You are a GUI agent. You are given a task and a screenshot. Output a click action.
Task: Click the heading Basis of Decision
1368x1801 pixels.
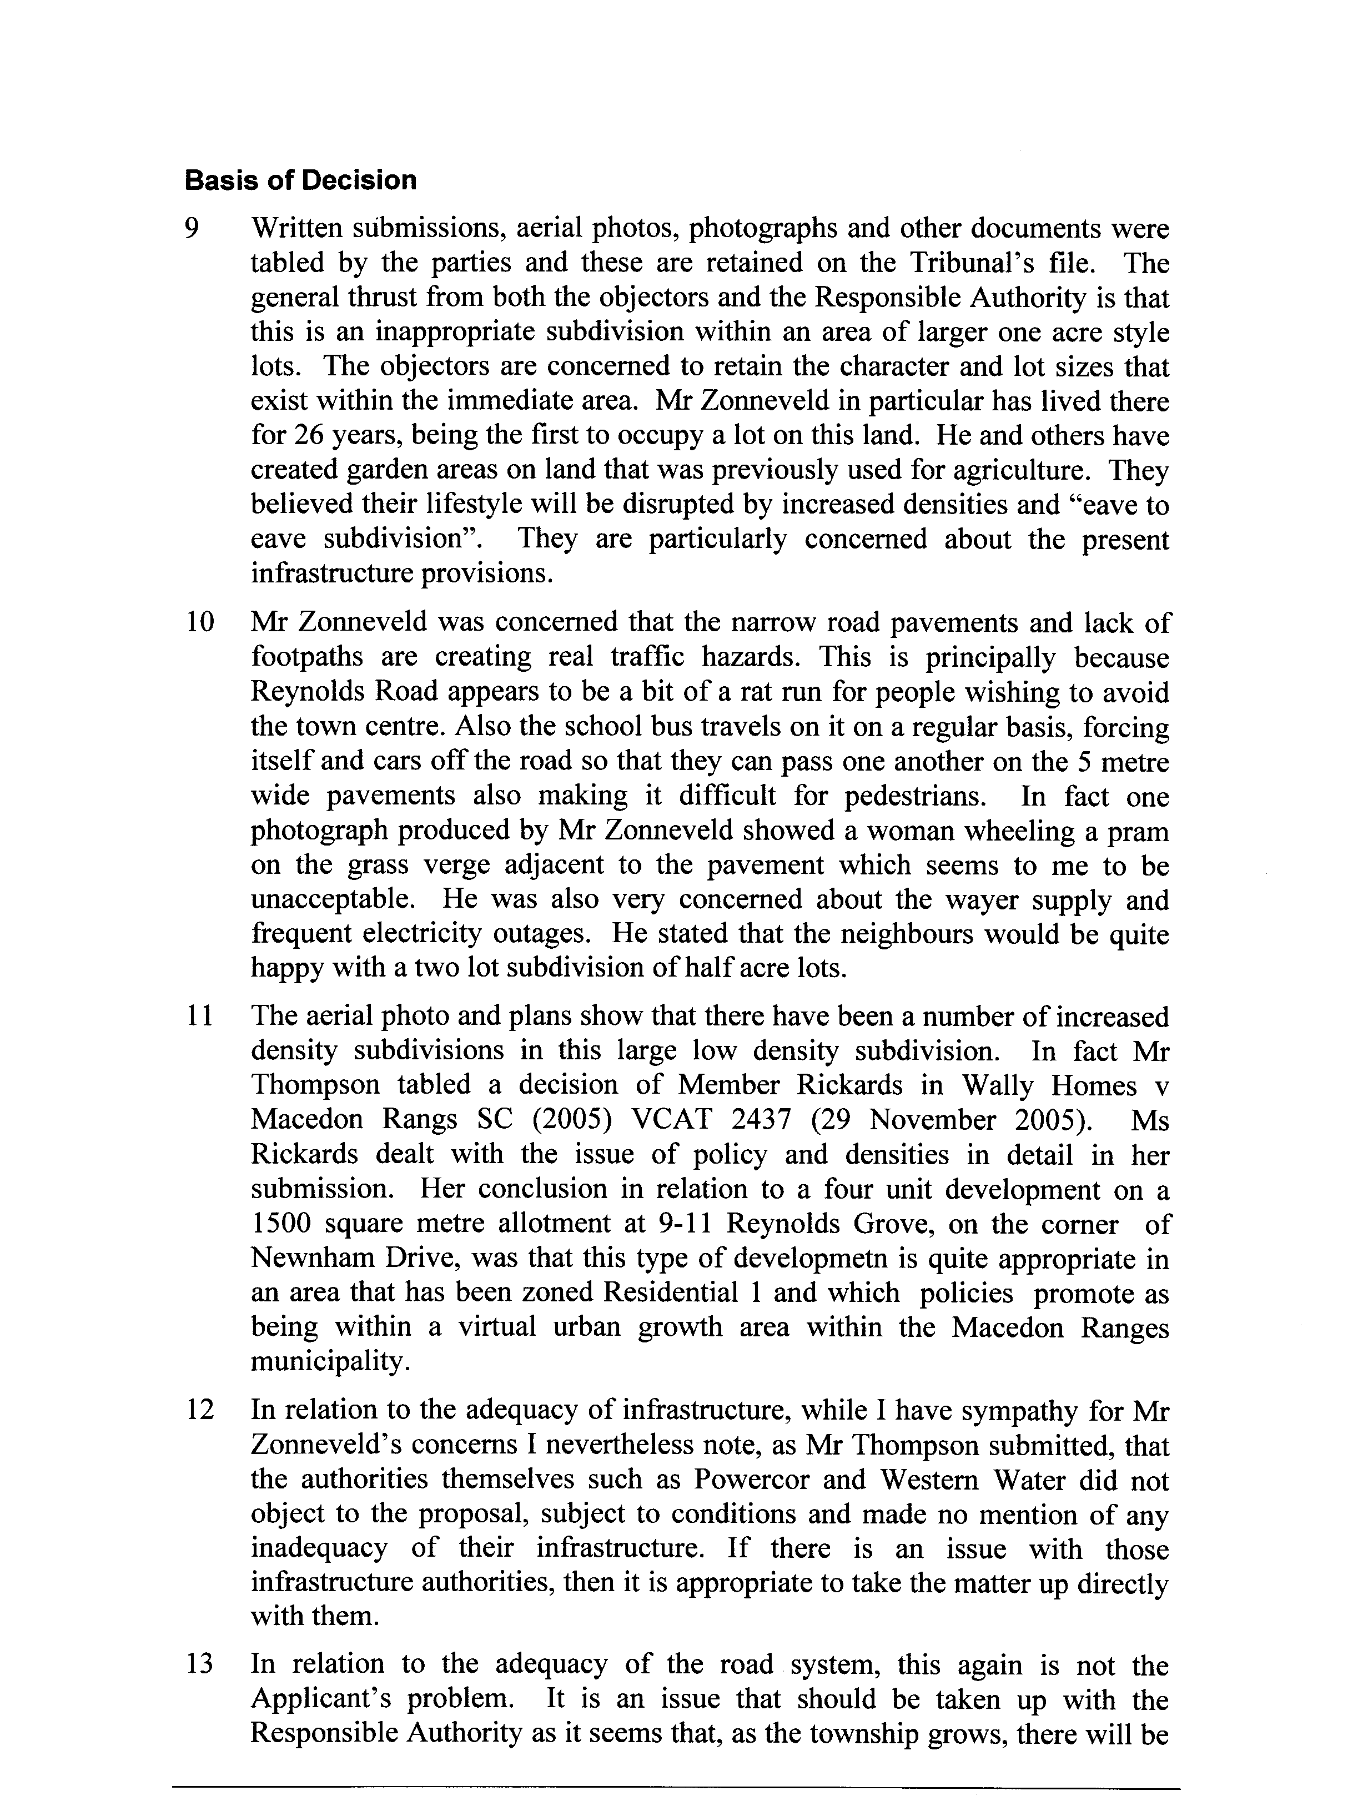click(x=300, y=180)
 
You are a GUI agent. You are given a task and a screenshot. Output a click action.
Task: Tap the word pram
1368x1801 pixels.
click(x=1140, y=831)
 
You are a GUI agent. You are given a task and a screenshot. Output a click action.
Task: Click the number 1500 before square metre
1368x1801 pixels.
click(x=279, y=1224)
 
